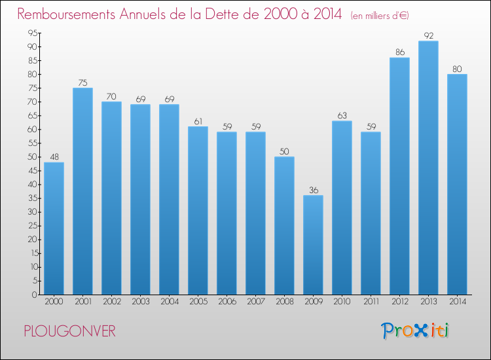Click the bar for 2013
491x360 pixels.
(x=428, y=168)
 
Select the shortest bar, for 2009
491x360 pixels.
(x=313, y=245)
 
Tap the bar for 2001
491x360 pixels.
(x=82, y=191)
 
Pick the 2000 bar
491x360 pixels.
(x=54, y=228)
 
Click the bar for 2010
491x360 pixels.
(x=342, y=207)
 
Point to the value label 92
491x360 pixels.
(x=429, y=36)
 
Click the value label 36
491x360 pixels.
(x=314, y=190)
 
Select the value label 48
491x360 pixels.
(x=54, y=157)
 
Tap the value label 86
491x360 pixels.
(x=400, y=52)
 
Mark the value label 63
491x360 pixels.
(x=342, y=115)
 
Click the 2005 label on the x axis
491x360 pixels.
(x=198, y=302)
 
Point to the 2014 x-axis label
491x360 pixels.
(x=458, y=302)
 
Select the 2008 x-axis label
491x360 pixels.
(x=285, y=302)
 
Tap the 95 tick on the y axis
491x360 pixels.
(x=33, y=33)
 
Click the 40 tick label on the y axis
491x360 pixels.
(x=33, y=185)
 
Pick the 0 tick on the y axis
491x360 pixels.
(x=35, y=295)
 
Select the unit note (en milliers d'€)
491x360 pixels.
(x=380, y=16)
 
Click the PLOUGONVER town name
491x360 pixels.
(x=70, y=331)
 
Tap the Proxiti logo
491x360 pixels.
(x=415, y=331)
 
